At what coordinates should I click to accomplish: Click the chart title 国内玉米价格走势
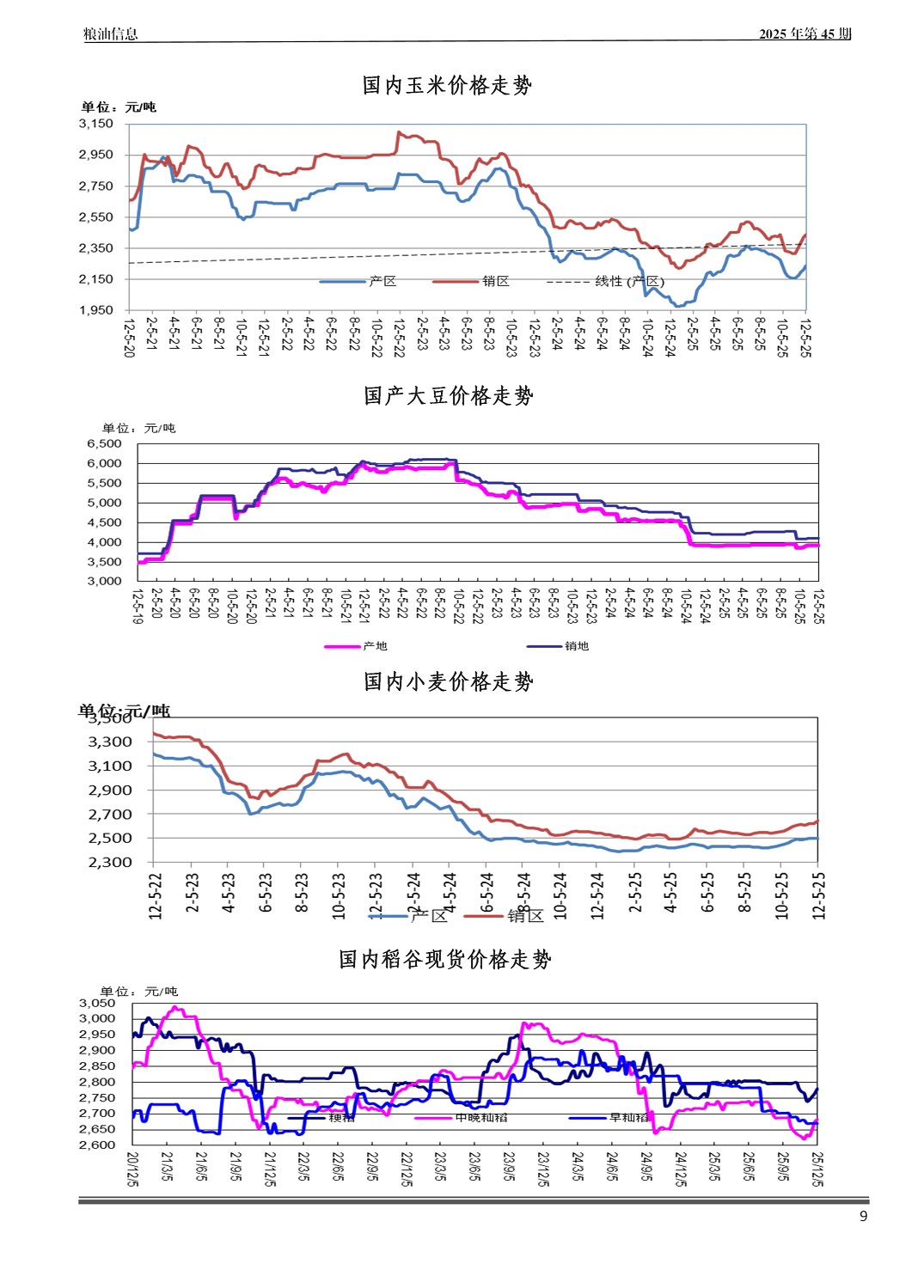tap(447, 85)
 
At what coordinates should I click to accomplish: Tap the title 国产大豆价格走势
tap(448, 395)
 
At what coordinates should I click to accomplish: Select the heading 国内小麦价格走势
tap(448, 681)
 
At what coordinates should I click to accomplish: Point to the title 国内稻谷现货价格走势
tap(444, 959)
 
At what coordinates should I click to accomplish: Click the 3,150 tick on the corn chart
tap(96, 124)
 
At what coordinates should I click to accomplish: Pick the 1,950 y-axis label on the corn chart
tap(96, 310)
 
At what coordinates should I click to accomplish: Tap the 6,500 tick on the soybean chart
tap(105, 443)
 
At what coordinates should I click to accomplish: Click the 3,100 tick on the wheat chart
tap(111, 766)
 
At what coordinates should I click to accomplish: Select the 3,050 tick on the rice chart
tap(97, 1003)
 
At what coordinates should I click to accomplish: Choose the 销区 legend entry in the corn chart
tap(495, 282)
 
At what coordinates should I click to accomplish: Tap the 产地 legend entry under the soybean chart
tap(375, 646)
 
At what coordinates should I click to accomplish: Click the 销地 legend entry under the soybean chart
tap(576, 646)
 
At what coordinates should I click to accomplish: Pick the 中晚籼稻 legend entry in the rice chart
tap(480, 1118)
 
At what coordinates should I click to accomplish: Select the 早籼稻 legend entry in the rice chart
tap(628, 1118)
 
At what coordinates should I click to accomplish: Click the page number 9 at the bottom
tap(863, 1216)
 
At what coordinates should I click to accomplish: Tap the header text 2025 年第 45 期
tap(805, 34)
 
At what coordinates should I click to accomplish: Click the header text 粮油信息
tap(110, 34)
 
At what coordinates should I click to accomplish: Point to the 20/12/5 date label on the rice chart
tap(132, 1169)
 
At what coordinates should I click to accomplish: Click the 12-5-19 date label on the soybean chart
tap(138, 606)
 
